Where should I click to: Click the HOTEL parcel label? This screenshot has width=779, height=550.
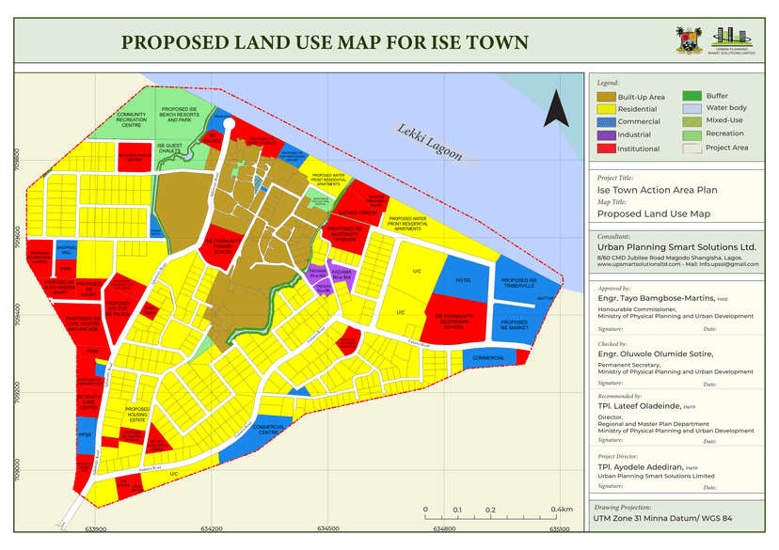coord(463,280)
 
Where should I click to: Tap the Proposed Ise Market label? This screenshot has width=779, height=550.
coord(515,325)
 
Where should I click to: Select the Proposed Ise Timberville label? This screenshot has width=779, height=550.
coord(518,283)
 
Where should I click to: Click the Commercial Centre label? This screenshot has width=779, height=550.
coord(269,430)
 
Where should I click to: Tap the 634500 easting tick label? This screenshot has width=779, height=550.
coord(327,529)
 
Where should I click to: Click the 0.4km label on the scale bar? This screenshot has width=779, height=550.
coord(563,510)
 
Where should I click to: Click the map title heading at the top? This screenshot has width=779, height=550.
coord(325,43)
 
